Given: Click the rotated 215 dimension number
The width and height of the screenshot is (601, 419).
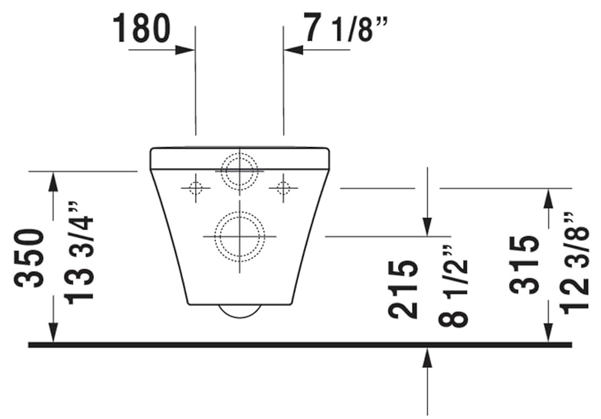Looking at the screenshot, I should [404, 289].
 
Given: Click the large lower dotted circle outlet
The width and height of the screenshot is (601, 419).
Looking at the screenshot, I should [239, 237].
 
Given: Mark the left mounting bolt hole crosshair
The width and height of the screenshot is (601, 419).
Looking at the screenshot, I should [196, 188].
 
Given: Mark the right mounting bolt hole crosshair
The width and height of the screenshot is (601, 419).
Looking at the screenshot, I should [283, 188].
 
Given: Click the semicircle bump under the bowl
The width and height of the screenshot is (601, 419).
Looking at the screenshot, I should [240, 310].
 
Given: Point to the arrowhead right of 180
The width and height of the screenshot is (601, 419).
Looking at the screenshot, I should [186, 49].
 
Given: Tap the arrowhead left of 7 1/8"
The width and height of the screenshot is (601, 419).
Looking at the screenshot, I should [292, 49].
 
